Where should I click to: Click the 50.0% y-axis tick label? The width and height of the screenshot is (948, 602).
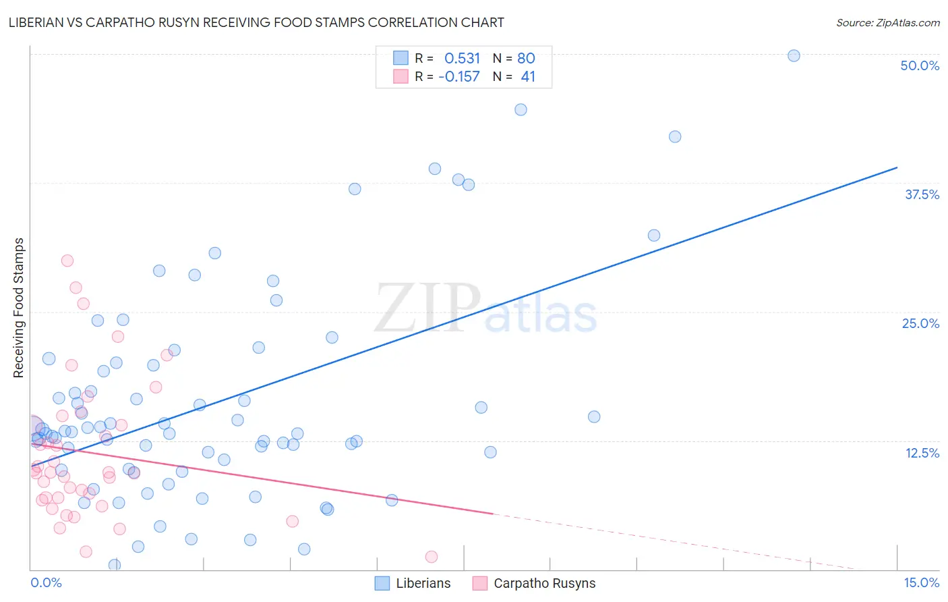tap(920, 65)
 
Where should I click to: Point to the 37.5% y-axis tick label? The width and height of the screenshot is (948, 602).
tap(922, 194)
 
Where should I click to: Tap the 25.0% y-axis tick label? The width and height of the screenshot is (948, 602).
tap(920, 323)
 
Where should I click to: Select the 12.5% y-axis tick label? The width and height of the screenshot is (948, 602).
tap(922, 453)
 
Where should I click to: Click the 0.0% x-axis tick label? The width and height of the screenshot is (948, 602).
tap(46, 582)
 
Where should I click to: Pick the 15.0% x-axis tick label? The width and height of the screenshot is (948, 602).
tap(921, 582)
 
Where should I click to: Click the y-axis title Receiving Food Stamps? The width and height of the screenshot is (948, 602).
tap(19, 308)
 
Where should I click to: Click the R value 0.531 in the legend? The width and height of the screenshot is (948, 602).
tap(462, 58)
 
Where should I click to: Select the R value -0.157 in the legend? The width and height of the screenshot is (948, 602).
tap(459, 77)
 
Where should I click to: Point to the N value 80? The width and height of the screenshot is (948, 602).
tap(526, 58)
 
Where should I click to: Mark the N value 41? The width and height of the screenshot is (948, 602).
tap(528, 77)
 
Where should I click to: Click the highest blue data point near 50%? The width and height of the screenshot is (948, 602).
tap(794, 55)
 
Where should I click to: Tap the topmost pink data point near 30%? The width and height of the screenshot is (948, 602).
tap(67, 261)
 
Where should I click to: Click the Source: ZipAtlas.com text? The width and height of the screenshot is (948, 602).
tap(887, 23)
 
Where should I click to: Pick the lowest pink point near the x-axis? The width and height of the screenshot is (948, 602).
tap(432, 557)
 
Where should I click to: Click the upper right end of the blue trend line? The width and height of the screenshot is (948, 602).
tap(897, 167)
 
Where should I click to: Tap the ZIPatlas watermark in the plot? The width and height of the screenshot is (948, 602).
tap(485, 309)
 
